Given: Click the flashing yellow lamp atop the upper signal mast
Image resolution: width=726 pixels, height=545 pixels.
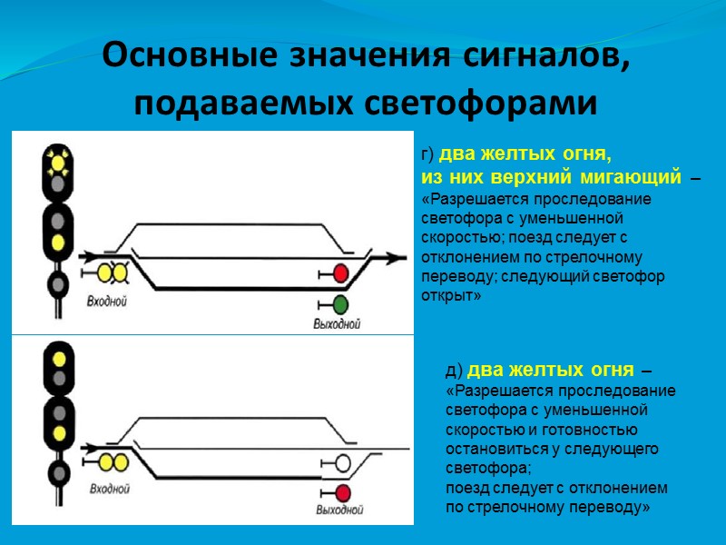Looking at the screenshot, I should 59,162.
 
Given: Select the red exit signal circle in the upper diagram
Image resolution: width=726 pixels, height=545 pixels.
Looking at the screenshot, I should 341,273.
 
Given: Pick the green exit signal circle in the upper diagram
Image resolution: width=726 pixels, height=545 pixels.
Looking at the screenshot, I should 341,304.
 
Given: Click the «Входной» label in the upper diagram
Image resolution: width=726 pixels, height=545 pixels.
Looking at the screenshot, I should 107,301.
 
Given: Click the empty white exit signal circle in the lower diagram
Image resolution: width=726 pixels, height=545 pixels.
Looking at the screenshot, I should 342,463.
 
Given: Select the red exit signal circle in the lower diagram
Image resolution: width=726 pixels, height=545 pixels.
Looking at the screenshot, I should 342,492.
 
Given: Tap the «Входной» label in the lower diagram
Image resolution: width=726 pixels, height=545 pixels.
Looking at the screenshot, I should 108,490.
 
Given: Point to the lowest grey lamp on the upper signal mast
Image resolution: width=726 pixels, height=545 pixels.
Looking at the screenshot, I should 59,284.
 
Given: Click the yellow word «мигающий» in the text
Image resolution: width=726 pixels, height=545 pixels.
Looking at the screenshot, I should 637,173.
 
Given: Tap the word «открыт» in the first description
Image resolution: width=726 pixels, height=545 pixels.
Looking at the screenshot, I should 446,297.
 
